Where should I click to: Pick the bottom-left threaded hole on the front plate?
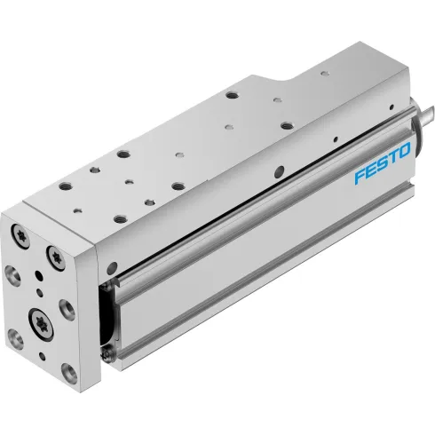[x=16, y=336]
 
